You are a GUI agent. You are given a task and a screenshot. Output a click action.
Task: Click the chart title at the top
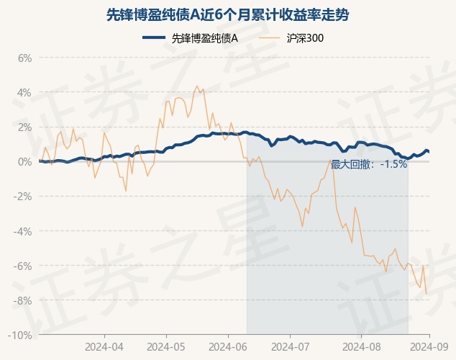tap(227, 14)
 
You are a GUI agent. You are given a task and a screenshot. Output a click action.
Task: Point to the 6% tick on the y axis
tap(24, 58)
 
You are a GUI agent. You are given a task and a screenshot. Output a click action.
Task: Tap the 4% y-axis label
tap(24, 92)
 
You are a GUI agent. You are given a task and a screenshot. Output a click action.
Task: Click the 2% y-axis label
tap(24, 127)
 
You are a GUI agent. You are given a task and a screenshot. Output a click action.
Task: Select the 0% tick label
tap(24, 161)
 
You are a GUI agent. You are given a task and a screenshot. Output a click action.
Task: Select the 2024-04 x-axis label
tap(104, 346)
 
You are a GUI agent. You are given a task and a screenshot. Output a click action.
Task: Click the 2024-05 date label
tap(166, 346)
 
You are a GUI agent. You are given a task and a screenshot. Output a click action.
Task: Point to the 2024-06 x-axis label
tap(228, 346)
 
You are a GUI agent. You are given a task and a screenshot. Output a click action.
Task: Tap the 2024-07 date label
tap(290, 346)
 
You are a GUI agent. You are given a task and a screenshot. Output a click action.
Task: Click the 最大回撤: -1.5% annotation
tap(369, 164)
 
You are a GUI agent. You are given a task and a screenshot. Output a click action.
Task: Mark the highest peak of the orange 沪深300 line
tap(197, 86)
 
